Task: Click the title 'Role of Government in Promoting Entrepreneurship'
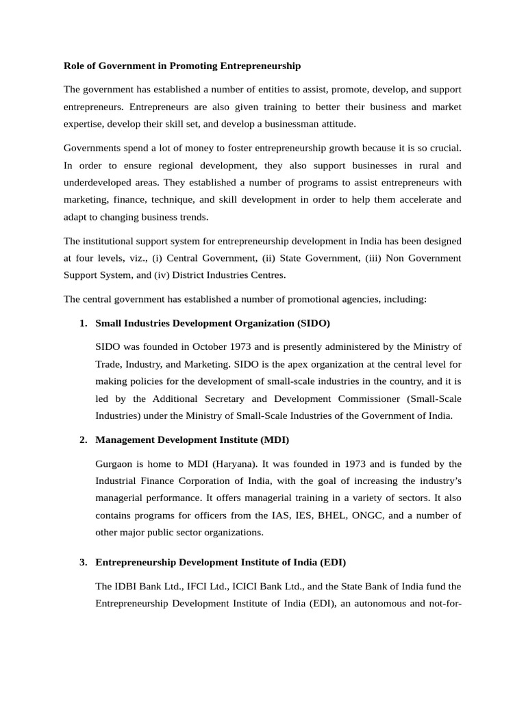(x=181, y=66)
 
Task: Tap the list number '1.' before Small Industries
(x=84, y=322)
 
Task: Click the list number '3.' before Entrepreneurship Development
(x=84, y=562)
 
